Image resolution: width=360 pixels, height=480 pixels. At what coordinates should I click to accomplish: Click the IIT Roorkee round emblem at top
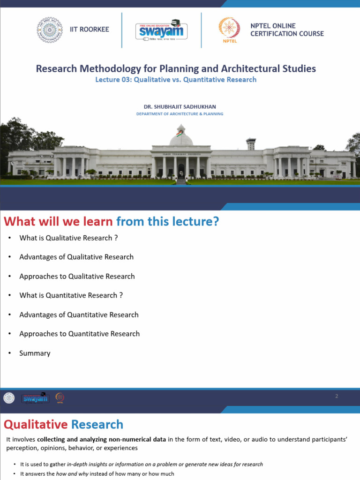(x=50, y=30)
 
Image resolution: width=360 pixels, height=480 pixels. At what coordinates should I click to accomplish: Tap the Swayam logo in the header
(x=162, y=30)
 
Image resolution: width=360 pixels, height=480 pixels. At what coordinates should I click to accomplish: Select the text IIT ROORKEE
(x=89, y=29)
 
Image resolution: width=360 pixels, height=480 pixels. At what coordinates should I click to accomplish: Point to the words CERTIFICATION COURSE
(x=287, y=34)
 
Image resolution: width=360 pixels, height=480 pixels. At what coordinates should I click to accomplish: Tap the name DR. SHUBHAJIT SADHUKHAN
(x=180, y=106)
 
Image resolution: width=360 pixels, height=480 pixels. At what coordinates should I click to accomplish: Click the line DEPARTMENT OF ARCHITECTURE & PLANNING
(x=180, y=114)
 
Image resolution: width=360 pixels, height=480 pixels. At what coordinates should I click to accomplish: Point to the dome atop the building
(x=181, y=139)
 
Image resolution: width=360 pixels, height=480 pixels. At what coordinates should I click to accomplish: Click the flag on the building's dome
(x=179, y=132)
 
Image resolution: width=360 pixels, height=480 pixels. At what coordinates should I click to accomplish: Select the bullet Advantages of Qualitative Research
(x=76, y=257)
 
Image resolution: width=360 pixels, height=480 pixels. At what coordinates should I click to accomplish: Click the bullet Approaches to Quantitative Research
(x=80, y=334)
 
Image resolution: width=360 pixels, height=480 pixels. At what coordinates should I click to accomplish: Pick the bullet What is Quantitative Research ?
(x=71, y=295)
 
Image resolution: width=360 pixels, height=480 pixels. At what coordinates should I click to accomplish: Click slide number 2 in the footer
(x=337, y=396)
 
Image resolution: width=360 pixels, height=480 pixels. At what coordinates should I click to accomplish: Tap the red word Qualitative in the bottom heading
(x=36, y=425)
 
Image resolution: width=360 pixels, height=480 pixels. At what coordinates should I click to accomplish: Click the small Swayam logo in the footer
(x=35, y=398)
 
